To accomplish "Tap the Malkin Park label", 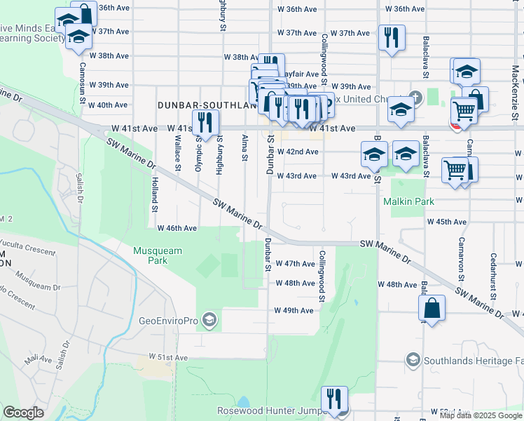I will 409,201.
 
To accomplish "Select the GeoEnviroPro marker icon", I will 208,321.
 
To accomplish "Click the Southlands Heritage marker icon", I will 413,361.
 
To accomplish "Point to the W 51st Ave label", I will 167,357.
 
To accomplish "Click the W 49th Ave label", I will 294,310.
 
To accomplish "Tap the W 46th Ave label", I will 177,228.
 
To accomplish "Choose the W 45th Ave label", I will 447,222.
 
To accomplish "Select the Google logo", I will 23,413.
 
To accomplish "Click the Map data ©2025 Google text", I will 481,415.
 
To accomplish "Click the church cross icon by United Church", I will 415,98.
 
